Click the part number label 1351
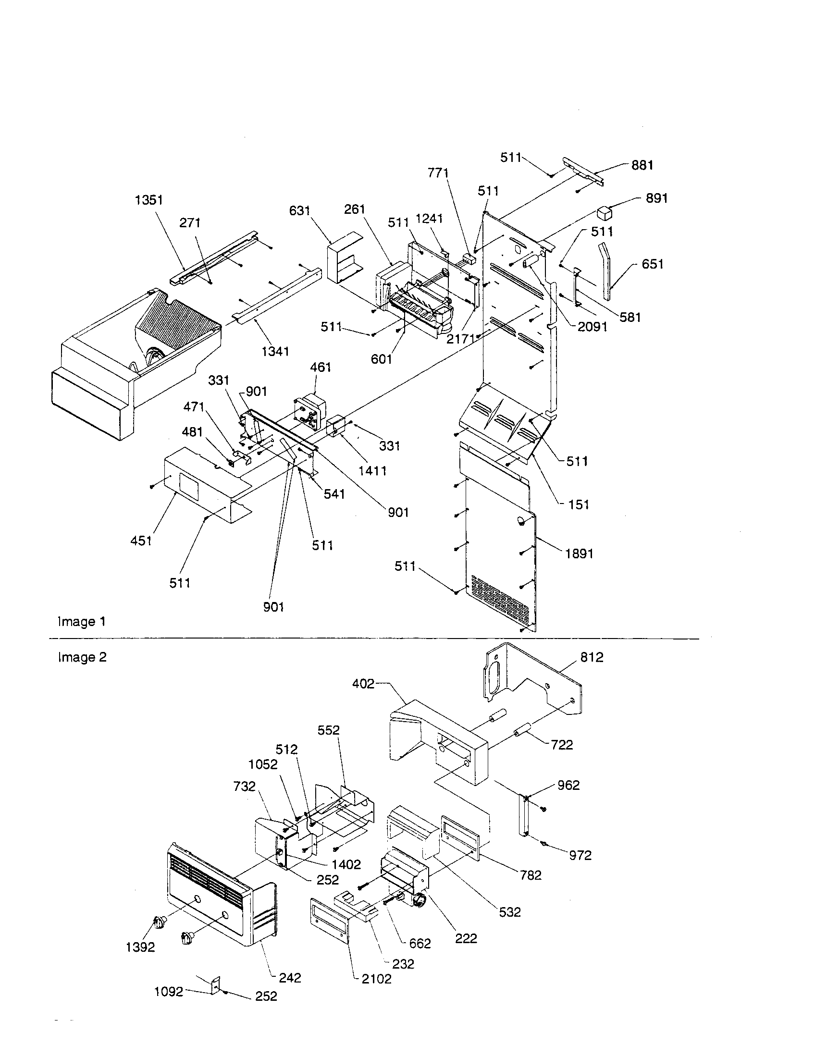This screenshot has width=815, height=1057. coord(148,200)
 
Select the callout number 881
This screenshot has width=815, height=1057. coord(642,166)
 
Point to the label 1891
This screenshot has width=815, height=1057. coord(579,553)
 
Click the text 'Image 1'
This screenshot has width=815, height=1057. coord(81,621)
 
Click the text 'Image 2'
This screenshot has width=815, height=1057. coord(82,657)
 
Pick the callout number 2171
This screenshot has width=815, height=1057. coord(460,339)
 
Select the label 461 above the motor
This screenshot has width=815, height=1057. coord(321,368)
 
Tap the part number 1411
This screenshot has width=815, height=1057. coord(372,470)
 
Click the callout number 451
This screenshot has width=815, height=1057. coord(141,541)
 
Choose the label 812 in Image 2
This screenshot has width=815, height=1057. coord(592,657)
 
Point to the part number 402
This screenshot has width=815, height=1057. coord(363,683)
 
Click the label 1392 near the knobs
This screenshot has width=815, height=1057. coord(140,947)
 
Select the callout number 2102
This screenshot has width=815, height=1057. coord(377,979)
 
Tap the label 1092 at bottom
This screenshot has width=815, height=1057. coord(169,992)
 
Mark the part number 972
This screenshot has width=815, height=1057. coord(580,855)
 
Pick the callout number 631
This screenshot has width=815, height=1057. coord(299,210)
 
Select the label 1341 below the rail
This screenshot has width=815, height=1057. coord(275,352)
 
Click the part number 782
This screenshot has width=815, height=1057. coord(531,874)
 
